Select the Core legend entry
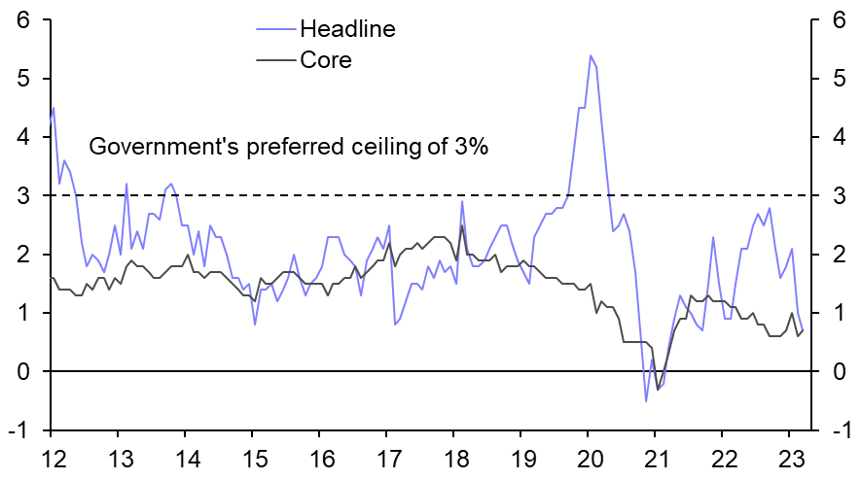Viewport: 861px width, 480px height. [325, 60]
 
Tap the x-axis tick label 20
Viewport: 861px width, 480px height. [589, 459]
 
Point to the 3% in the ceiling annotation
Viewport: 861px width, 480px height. [465, 148]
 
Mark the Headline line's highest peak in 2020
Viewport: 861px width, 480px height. [591, 55]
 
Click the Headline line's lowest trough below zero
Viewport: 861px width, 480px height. [646, 400]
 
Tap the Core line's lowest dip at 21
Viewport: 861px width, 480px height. [658, 389]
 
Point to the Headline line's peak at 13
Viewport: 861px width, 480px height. [126, 184]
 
